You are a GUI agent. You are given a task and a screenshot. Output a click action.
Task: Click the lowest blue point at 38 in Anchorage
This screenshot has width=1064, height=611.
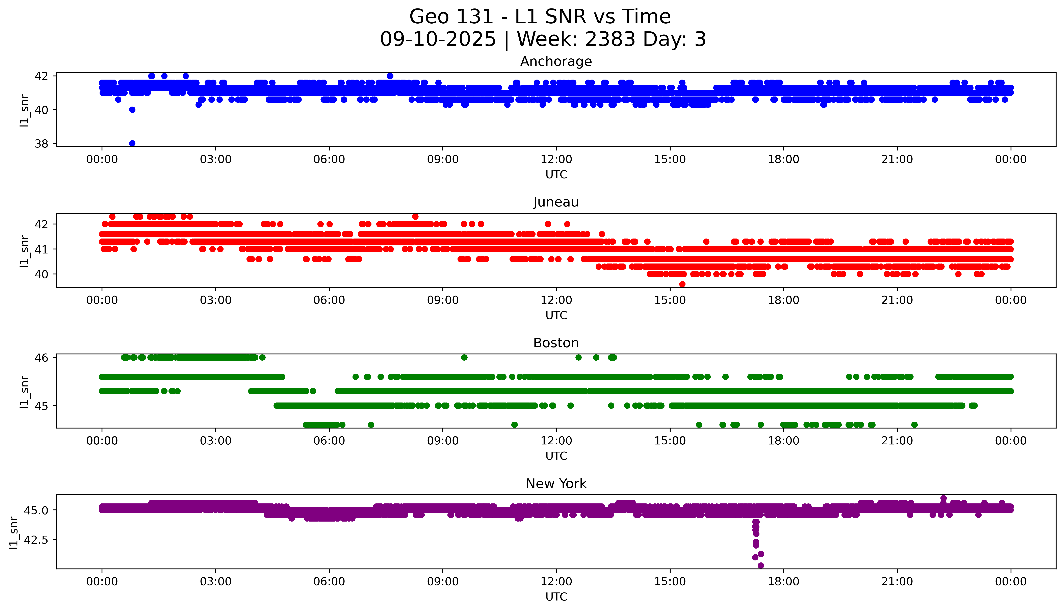point(132,143)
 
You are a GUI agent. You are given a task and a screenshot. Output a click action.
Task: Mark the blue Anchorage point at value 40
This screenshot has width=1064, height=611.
point(132,110)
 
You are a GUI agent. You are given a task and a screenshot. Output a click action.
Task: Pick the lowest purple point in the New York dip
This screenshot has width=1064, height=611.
point(760,565)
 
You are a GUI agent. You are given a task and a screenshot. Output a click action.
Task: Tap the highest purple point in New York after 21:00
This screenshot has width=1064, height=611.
point(943,498)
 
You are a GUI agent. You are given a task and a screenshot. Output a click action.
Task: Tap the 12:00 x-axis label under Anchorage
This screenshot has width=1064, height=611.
point(556,160)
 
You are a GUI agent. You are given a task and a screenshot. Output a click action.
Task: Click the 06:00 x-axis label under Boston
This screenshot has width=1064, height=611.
point(329,441)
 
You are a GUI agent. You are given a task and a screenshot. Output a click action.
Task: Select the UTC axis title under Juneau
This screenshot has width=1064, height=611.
point(556,315)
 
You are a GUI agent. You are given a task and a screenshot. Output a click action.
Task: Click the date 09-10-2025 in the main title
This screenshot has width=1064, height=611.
point(438,39)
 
